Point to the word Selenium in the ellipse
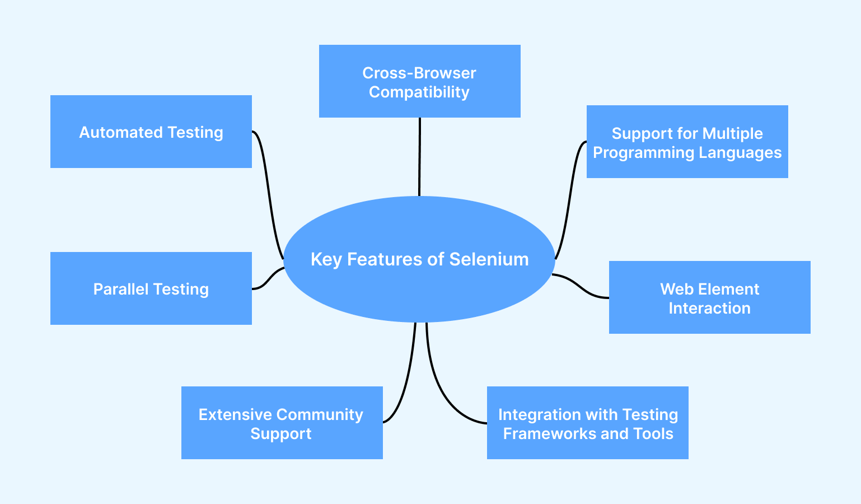tap(489, 259)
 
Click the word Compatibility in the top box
tap(419, 92)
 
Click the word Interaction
tap(709, 309)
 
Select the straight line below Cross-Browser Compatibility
tap(419, 157)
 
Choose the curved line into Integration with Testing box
tap(442, 392)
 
